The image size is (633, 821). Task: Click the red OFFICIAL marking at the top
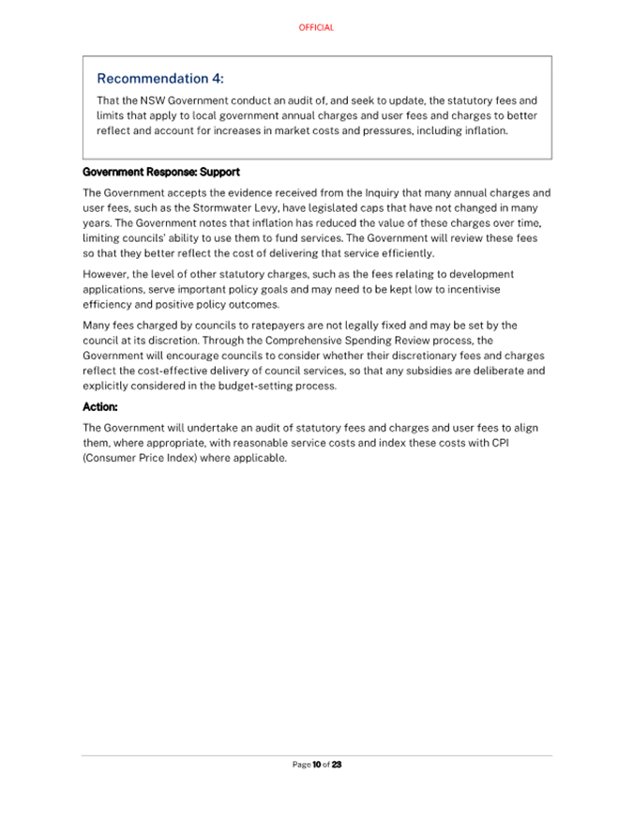coord(316,28)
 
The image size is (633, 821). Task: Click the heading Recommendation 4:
coord(160,79)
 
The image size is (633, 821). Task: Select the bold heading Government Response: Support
coord(161,173)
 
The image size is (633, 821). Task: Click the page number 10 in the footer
coord(317,765)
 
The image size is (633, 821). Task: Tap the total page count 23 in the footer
coord(337,765)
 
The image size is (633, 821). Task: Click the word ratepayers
coord(277,326)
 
